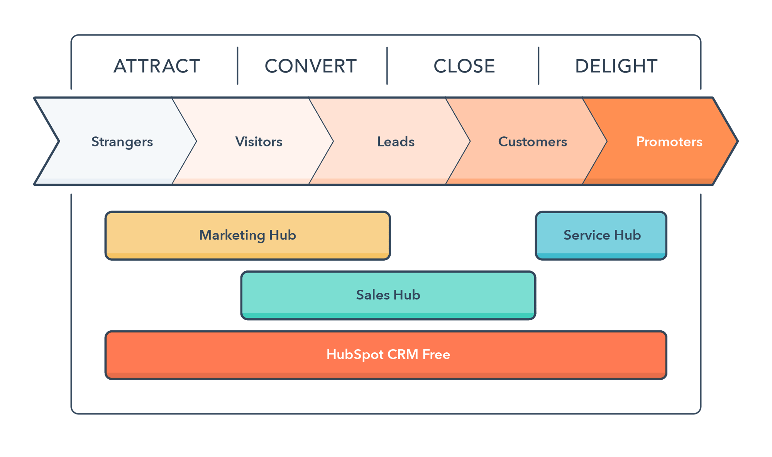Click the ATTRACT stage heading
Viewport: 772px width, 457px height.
pyautogui.click(x=157, y=66)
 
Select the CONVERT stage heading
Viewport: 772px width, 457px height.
pyautogui.click(x=311, y=66)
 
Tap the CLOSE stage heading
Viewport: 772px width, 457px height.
pyautogui.click(x=464, y=66)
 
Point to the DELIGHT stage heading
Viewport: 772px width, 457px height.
pyautogui.click(x=616, y=66)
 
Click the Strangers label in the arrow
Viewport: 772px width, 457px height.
pyautogui.click(x=122, y=142)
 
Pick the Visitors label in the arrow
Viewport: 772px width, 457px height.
pyautogui.click(x=259, y=142)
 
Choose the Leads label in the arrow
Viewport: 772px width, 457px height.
pyautogui.click(x=396, y=142)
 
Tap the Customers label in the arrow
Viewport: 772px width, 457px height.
pyautogui.click(x=532, y=142)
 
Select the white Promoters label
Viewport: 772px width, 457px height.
pyautogui.click(x=669, y=142)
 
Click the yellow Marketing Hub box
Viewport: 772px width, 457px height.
pyautogui.click(x=247, y=235)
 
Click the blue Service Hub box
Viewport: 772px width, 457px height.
pyautogui.click(x=601, y=235)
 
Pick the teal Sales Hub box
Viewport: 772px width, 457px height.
pyautogui.click(x=388, y=295)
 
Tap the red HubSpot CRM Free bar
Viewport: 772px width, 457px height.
pyautogui.click(x=386, y=355)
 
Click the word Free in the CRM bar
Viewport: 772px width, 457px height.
pyautogui.click(x=436, y=355)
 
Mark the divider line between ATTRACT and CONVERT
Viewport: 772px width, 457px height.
pyautogui.click(x=237, y=66)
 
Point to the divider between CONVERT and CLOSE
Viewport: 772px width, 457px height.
pyautogui.click(x=387, y=66)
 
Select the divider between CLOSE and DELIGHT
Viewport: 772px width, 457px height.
pyautogui.click(x=538, y=66)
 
